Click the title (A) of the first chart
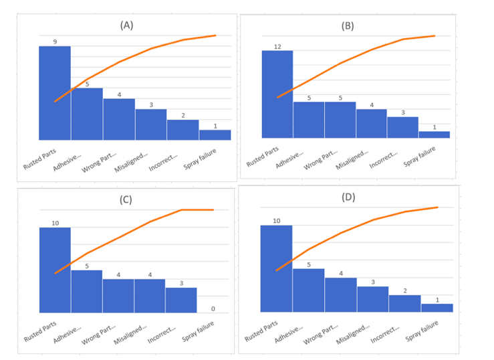click(x=127, y=25)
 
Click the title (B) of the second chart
click(x=348, y=26)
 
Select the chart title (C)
click(x=126, y=199)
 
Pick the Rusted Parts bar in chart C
click(x=55, y=270)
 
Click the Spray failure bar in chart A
click(x=215, y=134)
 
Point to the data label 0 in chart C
click(x=213, y=308)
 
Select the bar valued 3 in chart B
click(x=403, y=127)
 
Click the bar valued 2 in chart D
click(x=404, y=303)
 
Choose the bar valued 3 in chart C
click(x=181, y=300)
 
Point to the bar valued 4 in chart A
click(x=119, y=119)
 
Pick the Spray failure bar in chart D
click(x=437, y=308)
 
